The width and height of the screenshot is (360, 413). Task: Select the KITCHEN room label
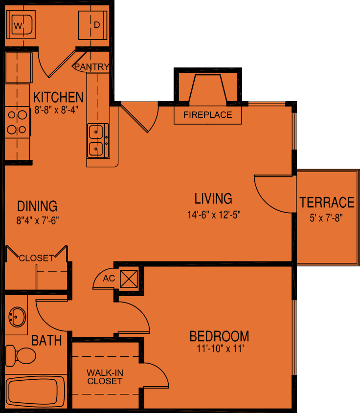point(58,96)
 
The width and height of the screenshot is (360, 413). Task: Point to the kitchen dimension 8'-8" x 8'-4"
point(57,110)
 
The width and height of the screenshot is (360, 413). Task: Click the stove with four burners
point(18,123)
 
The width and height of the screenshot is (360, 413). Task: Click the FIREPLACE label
point(208,115)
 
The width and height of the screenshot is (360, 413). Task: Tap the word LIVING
point(213,198)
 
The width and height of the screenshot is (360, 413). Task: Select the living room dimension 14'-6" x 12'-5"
point(214,214)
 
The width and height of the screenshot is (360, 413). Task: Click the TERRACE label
point(327,202)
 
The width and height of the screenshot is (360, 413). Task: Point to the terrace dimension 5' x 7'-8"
point(326,217)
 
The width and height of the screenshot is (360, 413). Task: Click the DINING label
point(37,206)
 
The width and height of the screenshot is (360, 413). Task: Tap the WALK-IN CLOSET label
point(105,376)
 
